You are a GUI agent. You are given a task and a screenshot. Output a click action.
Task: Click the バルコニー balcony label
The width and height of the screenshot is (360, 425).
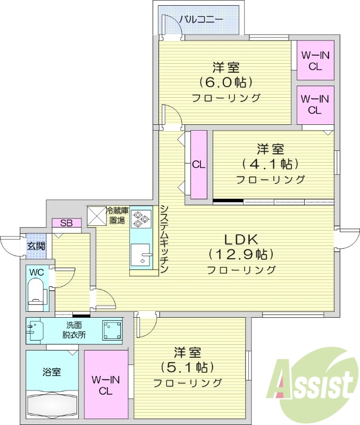(201, 20)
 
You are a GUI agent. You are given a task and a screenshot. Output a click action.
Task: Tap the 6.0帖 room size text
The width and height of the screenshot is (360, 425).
(226, 82)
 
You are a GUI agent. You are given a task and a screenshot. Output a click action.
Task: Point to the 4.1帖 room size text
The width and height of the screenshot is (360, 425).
(271, 163)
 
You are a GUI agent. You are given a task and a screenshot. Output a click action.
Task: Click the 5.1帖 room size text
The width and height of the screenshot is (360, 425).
(188, 367)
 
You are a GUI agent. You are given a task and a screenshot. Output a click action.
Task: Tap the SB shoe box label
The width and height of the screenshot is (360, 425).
(66, 223)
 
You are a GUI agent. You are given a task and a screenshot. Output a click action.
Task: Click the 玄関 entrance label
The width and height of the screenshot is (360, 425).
(37, 246)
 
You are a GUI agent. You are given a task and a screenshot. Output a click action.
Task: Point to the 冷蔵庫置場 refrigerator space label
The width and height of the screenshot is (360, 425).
(117, 215)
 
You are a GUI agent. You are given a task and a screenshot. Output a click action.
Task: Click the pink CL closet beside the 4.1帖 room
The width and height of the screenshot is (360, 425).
(198, 165)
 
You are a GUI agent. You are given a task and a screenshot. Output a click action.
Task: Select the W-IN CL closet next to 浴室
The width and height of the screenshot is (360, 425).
(106, 385)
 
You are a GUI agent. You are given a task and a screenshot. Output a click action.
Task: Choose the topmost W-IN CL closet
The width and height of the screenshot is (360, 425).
(315, 61)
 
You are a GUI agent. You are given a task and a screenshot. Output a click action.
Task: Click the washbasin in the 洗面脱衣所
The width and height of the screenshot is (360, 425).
(35, 330)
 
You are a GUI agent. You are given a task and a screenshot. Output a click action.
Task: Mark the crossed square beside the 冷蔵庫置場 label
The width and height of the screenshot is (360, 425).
(96, 215)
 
